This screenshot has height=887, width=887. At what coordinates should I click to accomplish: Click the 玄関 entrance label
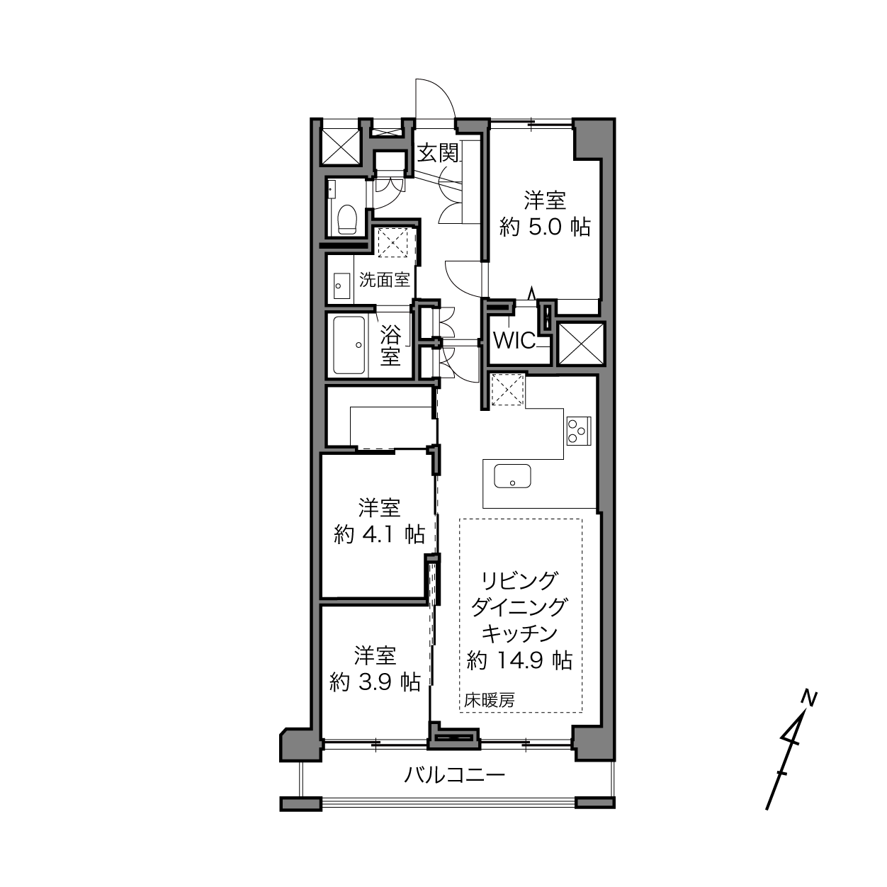click(x=438, y=153)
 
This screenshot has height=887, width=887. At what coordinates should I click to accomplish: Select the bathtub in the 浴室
click(x=349, y=345)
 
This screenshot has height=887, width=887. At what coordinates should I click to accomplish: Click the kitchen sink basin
click(x=512, y=476)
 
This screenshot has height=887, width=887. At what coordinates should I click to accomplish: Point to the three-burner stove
click(x=579, y=431)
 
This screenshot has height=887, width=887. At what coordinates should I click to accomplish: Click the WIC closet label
click(x=514, y=341)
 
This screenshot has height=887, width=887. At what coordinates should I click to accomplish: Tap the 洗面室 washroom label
click(x=385, y=280)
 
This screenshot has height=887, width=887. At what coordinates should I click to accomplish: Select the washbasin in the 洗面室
click(x=341, y=286)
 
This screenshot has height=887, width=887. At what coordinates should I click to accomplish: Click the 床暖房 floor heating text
click(x=489, y=701)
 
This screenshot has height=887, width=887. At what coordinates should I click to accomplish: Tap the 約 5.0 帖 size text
click(x=545, y=227)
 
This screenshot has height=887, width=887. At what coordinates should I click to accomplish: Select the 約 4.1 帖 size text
click(x=379, y=534)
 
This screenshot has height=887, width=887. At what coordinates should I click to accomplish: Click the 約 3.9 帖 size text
click(x=375, y=682)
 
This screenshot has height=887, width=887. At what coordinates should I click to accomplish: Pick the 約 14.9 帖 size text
click(x=520, y=660)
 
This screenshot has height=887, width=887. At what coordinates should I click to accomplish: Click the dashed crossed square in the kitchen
click(x=508, y=390)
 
